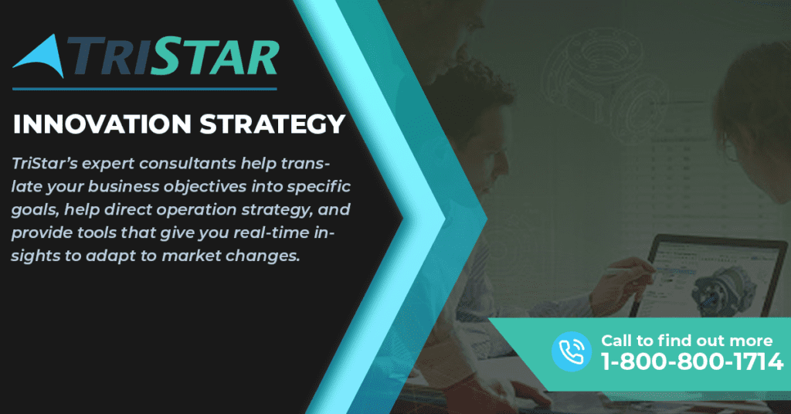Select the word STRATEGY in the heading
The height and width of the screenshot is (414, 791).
(x=273, y=124)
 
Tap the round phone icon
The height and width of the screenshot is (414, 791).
(x=571, y=351)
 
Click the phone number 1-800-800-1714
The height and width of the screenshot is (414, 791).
(x=691, y=361)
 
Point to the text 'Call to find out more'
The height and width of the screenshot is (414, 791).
(x=687, y=341)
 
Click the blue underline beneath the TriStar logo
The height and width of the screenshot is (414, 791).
(x=144, y=90)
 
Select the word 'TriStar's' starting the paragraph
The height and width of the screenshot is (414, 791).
(x=43, y=164)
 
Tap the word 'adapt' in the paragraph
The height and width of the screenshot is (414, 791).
(x=110, y=256)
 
